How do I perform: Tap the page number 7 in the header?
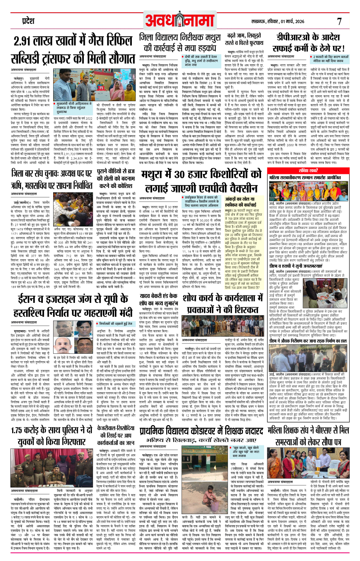point(339,21)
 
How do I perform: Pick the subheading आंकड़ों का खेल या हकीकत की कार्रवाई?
point(240,202)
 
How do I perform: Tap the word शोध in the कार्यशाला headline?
point(190,298)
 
